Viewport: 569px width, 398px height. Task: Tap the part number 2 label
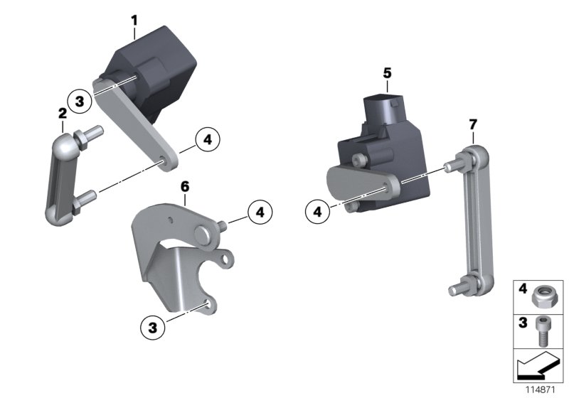63,113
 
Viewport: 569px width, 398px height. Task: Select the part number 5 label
387,72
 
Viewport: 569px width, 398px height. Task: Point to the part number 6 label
184,187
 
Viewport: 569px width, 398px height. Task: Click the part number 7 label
473,125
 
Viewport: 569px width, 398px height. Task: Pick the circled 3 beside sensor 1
80,102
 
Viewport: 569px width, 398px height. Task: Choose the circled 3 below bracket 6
151,328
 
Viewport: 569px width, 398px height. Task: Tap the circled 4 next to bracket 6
260,212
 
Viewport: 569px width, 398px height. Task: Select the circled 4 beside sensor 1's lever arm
207,140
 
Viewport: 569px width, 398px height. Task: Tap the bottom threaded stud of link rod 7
457,289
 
